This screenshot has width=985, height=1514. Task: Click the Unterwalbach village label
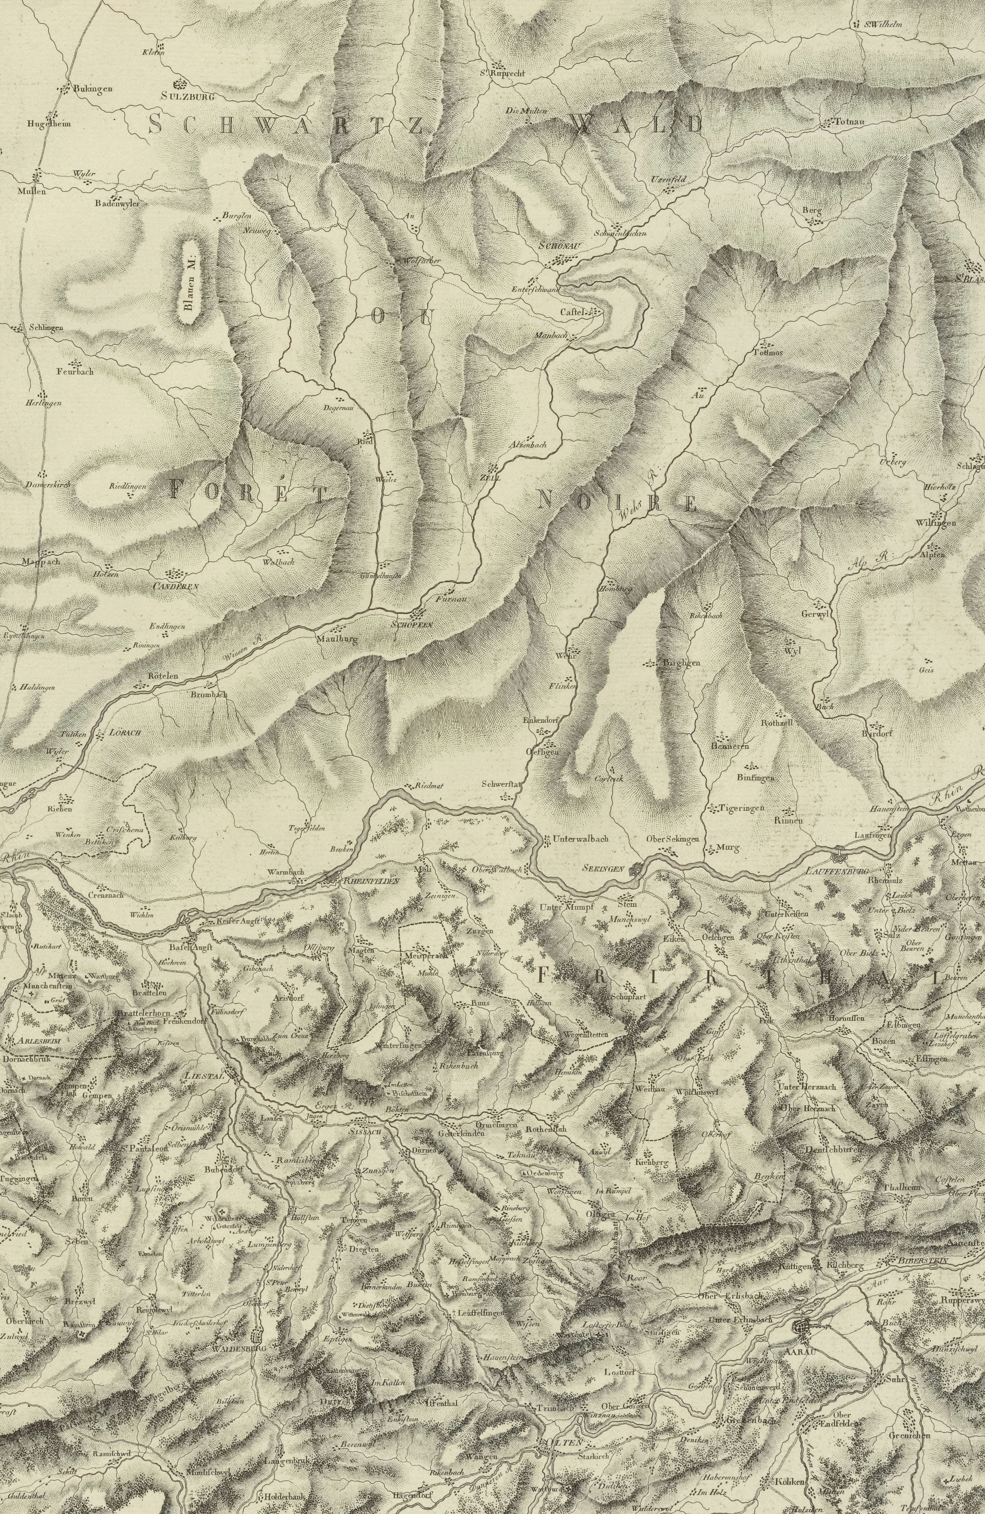(x=581, y=839)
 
